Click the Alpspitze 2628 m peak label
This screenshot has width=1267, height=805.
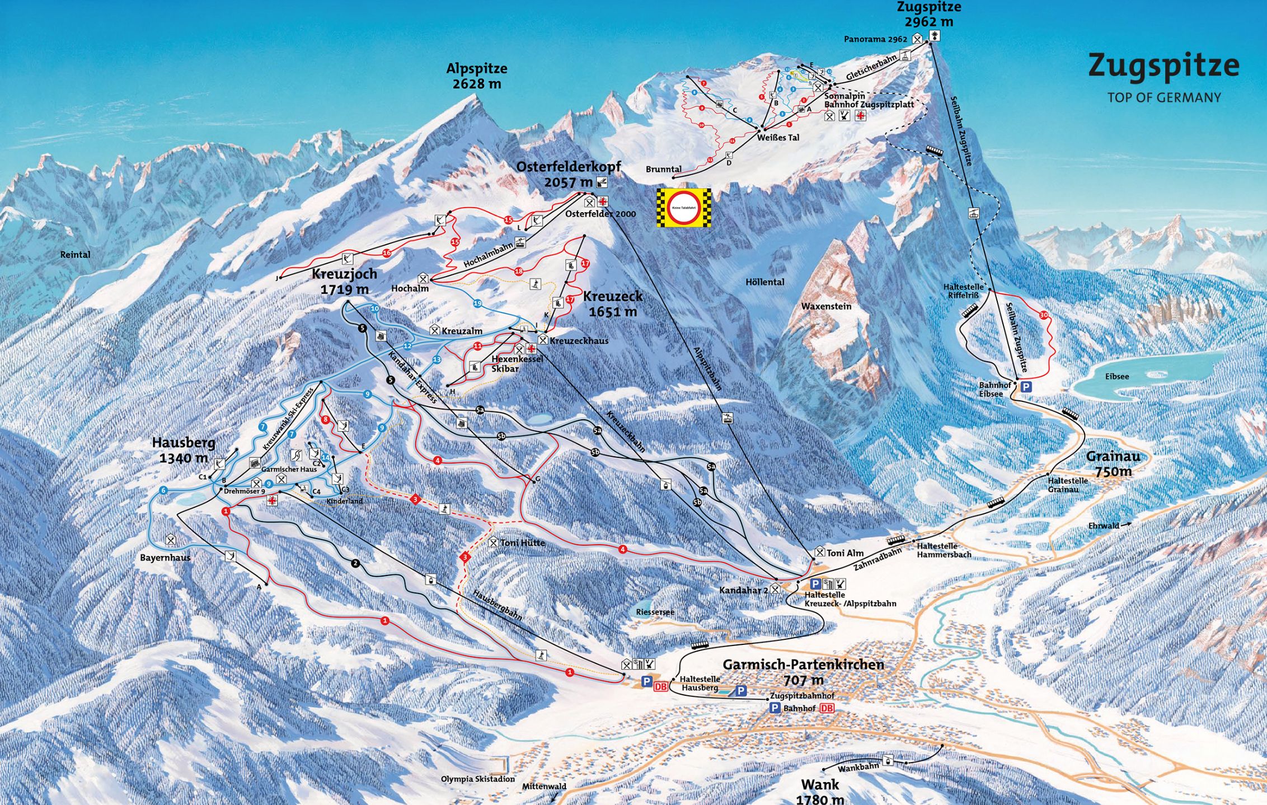pos(477,76)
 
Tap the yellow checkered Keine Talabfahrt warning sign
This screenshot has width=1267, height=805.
pos(684,208)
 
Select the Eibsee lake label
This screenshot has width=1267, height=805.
pos(1116,376)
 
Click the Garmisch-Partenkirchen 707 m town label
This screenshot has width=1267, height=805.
pos(803,672)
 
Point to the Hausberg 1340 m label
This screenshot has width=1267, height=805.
pos(184,450)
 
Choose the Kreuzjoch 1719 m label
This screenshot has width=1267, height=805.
pos(344,281)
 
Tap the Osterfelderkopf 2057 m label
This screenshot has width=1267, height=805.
pos(568,174)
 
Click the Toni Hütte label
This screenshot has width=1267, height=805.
pos(522,542)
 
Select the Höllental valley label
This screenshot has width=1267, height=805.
pos(764,282)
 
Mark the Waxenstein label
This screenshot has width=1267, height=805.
pos(826,306)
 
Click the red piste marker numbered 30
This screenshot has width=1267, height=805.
pos(1043,315)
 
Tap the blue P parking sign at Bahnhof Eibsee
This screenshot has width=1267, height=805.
pos(1026,386)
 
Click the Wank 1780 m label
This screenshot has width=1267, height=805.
pos(819,791)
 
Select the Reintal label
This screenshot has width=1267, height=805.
pos(75,255)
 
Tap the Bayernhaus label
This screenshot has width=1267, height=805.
pos(165,558)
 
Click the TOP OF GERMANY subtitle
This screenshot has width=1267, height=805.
pos(1163,97)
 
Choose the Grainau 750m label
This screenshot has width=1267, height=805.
pos(1113,464)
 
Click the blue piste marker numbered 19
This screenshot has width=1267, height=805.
pos(477,303)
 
